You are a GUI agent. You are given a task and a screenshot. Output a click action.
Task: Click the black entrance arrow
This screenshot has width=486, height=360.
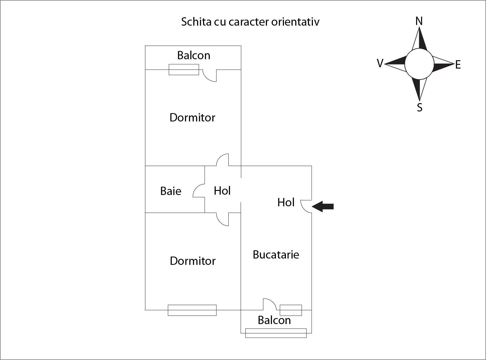click(x=323, y=207)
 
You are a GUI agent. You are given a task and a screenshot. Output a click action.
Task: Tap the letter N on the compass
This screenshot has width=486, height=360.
click(x=419, y=21)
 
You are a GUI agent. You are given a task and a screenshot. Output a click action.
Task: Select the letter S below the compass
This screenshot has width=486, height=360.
click(x=419, y=107)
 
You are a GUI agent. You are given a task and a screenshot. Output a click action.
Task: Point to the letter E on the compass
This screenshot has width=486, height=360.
click(x=458, y=65)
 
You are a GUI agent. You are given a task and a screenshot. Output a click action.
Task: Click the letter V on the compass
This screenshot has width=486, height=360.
click(x=380, y=63)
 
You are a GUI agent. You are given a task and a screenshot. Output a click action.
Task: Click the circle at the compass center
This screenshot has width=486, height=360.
click(x=419, y=64)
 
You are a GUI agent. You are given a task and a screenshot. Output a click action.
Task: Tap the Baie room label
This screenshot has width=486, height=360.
click(x=171, y=191)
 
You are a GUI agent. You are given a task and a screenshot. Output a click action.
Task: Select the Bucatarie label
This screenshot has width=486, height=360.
click(x=276, y=255)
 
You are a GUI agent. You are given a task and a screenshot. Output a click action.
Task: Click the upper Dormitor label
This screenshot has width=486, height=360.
click(x=192, y=117)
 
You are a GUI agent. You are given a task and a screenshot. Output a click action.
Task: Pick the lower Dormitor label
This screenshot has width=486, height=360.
click(x=193, y=261)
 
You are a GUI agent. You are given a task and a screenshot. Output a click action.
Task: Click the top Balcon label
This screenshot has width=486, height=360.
click(x=194, y=55)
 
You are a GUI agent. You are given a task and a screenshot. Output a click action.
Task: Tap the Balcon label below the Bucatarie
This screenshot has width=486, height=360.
click(x=274, y=320)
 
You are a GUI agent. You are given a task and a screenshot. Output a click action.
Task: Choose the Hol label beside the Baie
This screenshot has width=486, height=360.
click(x=222, y=191)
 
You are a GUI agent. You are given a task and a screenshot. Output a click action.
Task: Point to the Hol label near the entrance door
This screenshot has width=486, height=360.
click(x=286, y=202)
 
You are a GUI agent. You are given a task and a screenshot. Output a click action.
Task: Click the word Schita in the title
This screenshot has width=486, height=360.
click(x=192, y=22)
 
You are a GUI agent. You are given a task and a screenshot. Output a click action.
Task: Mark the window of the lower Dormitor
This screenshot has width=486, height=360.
click(x=192, y=310)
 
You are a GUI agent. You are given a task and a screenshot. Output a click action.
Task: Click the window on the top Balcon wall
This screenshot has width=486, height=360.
click(x=184, y=70)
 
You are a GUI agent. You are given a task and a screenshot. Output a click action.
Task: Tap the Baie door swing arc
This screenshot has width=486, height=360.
click(x=198, y=191)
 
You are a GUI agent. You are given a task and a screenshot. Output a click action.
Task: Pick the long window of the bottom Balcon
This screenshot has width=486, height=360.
click(x=276, y=333)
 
